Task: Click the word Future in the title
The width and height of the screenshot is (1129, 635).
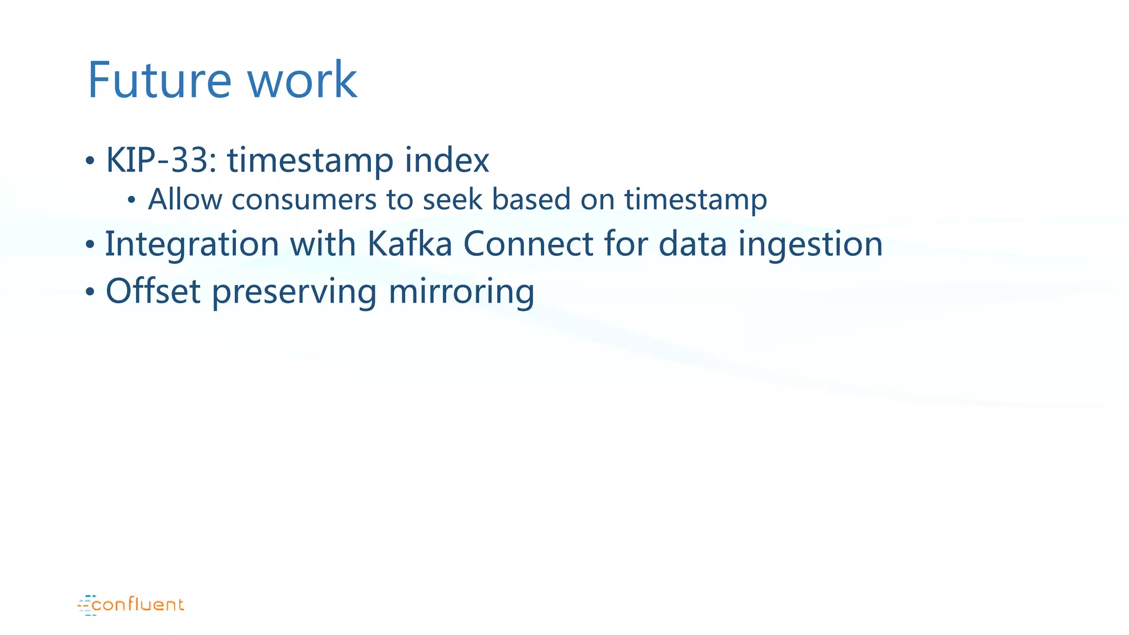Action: tap(159, 80)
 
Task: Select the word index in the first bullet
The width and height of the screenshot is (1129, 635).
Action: tap(447, 160)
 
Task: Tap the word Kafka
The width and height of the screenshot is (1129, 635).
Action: tap(409, 244)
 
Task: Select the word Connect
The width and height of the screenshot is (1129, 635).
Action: tap(528, 244)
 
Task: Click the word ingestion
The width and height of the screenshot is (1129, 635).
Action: tap(810, 244)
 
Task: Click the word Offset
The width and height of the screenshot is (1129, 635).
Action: tap(153, 291)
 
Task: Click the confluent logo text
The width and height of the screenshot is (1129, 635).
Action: tap(137, 605)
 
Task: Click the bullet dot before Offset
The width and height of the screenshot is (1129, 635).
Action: tap(90, 293)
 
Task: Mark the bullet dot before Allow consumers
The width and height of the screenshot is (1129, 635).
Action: tap(131, 201)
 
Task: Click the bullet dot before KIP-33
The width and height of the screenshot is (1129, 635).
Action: tap(90, 162)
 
